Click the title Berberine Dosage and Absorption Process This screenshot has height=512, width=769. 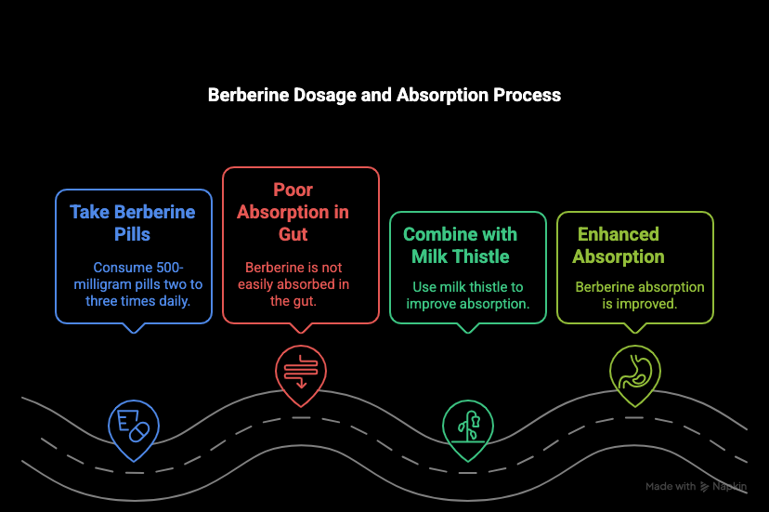click(384, 95)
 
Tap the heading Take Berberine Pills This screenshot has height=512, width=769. click(133, 223)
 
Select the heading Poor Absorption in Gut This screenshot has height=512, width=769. click(293, 213)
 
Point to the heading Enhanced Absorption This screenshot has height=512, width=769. click(619, 245)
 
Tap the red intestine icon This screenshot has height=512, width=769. click(294, 370)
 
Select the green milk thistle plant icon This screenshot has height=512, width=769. click(462, 426)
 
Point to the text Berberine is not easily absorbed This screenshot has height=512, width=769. click(293, 283)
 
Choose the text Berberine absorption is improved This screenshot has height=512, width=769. click(640, 295)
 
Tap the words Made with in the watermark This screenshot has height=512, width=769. click(671, 487)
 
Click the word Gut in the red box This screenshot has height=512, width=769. click(293, 234)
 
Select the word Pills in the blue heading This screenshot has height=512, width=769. click(133, 234)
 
